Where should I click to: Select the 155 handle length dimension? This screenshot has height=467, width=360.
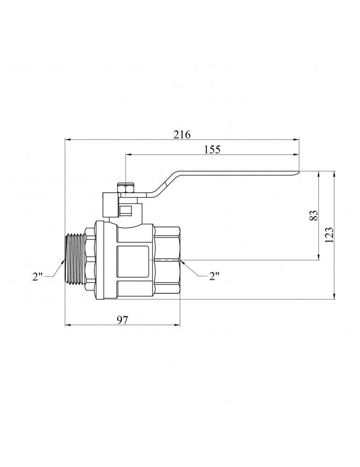tap(212, 149)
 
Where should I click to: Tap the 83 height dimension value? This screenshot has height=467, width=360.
tap(314, 215)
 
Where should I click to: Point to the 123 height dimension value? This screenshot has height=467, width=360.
tap(329, 235)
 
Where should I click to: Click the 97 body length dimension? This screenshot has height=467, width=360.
tap(122, 320)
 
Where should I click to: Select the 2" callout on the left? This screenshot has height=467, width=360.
tap(38, 276)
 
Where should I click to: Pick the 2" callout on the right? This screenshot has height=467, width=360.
tap(214, 276)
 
